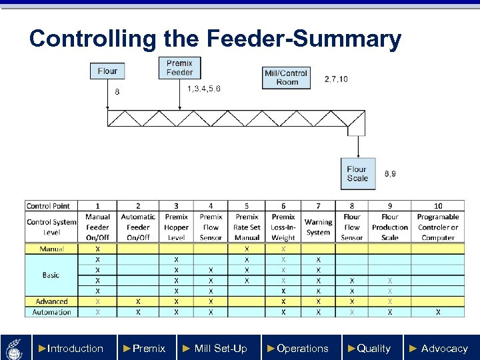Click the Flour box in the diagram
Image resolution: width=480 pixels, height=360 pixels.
click(x=107, y=71)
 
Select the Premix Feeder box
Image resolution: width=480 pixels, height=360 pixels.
click(x=179, y=67)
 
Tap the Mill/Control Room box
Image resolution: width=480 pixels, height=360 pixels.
click(x=287, y=77)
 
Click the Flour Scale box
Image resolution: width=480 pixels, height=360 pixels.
click(x=357, y=173)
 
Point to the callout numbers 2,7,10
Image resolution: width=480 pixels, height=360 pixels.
click(x=335, y=79)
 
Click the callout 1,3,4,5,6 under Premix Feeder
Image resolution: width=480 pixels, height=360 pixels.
click(x=204, y=89)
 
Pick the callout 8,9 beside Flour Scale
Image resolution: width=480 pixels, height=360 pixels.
click(x=390, y=173)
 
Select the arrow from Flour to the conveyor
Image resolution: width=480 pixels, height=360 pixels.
click(x=107, y=94)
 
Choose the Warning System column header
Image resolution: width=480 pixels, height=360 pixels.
click(x=318, y=227)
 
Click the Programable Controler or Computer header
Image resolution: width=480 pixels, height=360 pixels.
click(x=438, y=227)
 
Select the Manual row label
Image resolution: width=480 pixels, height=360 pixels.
click(x=51, y=249)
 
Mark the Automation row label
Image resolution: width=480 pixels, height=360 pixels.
click(x=51, y=312)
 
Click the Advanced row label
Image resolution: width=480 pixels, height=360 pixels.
click(x=51, y=301)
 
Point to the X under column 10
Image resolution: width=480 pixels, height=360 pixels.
click(x=438, y=312)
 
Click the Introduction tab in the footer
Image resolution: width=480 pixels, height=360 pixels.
click(x=71, y=348)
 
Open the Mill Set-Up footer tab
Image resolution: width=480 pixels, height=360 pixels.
click(x=215, y=348)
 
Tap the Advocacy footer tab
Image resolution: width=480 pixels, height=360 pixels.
click(x=439, y=348)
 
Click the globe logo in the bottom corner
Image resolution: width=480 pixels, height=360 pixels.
click(x=14, y=347)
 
